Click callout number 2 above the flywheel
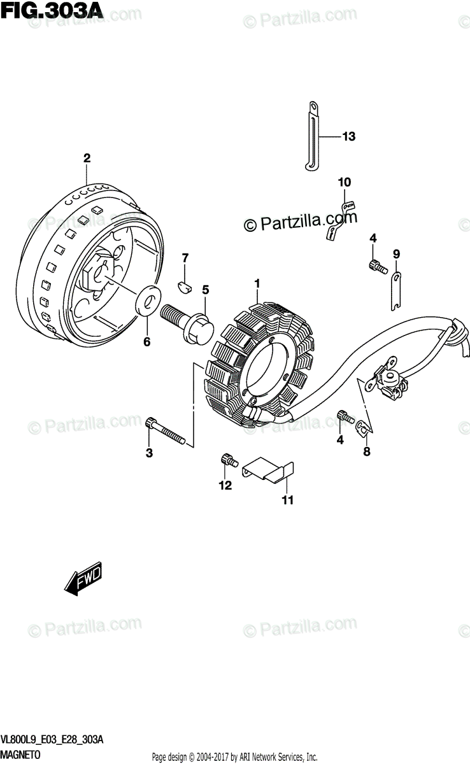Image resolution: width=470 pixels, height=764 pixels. [87, 158]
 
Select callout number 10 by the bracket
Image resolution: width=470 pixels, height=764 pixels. [344, 183]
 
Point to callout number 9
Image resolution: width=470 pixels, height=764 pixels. [396, 254]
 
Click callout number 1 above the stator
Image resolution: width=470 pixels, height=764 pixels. [257, 283]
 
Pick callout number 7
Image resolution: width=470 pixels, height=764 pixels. [185, 258]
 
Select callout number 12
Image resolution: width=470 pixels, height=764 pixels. [224, 486]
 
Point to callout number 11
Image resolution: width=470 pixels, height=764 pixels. [287, 500]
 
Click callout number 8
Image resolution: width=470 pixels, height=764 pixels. [366, 453]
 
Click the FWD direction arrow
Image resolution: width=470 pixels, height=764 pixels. [83, 579]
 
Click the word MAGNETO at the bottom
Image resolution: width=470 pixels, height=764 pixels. [21, 754]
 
